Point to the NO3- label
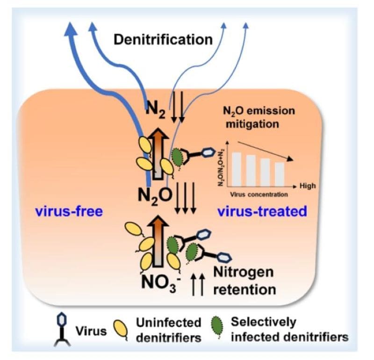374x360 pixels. [x=158, y=282]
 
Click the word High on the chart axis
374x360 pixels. [x=308, y=186]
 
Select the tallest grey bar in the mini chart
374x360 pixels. [x=237, y=169]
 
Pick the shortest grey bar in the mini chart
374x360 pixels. [x=280, y=173]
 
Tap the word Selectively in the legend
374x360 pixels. [x=269, y=322]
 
